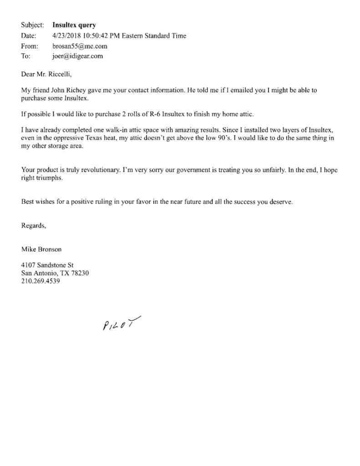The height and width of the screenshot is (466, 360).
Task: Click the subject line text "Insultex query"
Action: [74, 25]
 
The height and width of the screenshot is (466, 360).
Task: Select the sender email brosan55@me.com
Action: [80, 46]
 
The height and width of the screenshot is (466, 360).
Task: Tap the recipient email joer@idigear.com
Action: [78, 56]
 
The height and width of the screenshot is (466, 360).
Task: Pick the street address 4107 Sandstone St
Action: [48, 265]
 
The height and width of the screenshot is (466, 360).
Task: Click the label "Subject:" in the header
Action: [32, 25]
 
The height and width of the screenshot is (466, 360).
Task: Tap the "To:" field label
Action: [26, 56]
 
